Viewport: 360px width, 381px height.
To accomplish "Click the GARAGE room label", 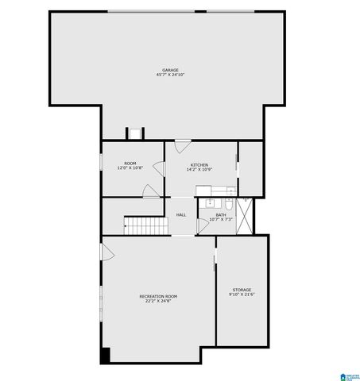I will pos(170,70).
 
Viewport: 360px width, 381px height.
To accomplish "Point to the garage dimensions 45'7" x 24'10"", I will pos(170,75).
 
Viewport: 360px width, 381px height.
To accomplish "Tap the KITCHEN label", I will pos(199,165).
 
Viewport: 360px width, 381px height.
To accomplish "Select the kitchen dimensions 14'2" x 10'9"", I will pos(199,170).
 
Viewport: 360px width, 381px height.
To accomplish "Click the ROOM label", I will pos(130,164).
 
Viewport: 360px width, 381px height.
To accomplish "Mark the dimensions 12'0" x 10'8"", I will pos(130,168).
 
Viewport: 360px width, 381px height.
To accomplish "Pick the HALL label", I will pos(181,215).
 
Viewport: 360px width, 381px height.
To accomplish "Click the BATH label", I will pos(220,214).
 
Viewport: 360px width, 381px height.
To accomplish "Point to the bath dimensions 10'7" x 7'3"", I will pos(220,219).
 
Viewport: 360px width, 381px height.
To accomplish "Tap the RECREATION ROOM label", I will pos(159,296).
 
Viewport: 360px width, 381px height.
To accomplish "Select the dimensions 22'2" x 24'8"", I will pos(159,301).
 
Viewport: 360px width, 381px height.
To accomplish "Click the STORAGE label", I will pos(242,290).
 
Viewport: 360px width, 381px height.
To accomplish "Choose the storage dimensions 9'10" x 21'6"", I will pos(242,294).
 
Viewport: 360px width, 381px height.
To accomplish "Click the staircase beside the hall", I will pos(148,225).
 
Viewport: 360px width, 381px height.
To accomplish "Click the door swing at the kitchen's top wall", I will pos(182,146).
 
